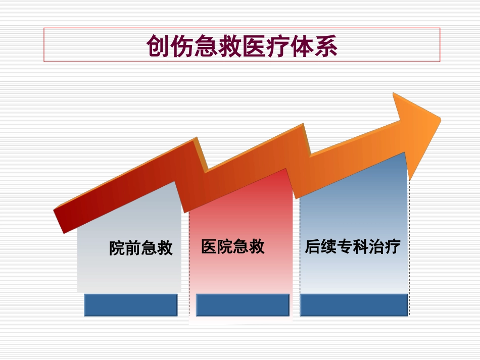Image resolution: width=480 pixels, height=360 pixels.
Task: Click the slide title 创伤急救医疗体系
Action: [242, 46]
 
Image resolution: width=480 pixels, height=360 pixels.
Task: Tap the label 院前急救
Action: [141, 248]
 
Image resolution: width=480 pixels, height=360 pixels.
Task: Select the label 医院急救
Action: [232, 246]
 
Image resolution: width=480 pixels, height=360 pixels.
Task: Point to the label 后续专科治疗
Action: [352, 247]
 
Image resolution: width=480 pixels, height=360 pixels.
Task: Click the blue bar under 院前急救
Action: [130, 305]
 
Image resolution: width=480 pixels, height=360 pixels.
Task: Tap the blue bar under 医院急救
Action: [243, 305]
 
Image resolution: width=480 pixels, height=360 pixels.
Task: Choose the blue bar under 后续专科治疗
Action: [354, 305]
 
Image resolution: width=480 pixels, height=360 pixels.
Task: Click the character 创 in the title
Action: [158, 46]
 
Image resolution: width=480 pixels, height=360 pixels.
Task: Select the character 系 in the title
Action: [326, 46]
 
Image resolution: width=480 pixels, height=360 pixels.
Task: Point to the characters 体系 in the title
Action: [314, 46]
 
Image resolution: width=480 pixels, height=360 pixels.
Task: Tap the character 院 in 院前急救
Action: [117, 248]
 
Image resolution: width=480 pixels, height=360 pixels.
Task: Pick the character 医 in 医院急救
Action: [209, 246]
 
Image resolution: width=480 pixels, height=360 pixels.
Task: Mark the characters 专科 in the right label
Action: [352, 247]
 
